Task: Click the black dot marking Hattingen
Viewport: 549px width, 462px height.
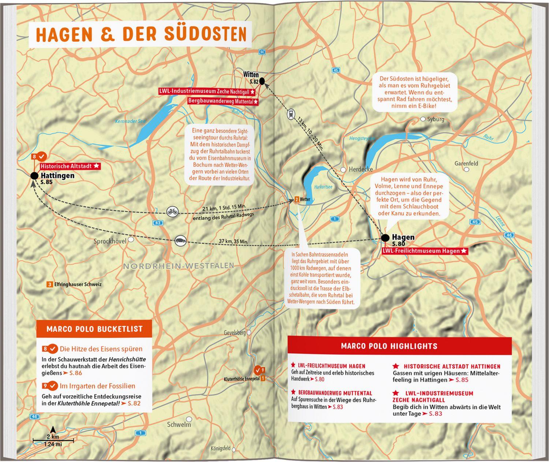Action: [x=34, y=176]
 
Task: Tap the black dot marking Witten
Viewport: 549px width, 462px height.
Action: [x=262, y=81]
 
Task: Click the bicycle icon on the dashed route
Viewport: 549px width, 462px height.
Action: [x=172, y=212]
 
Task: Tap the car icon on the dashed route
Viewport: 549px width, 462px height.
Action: [x=180, y=241]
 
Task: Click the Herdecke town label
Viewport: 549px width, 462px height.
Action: [x=361, y=169]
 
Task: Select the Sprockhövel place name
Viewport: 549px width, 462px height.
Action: [x=110, y=241]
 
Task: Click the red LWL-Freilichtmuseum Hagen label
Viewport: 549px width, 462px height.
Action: [x=425, y=251]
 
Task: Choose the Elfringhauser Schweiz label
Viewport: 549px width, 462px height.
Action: [x=78, y=284]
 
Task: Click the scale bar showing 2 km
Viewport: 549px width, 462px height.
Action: [x=53, y=439]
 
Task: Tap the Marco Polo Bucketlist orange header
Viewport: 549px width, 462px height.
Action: [x=94, y=329]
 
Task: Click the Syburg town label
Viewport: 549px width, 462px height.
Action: [x=435, y=119]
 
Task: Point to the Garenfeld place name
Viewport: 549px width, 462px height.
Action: [x=466, y=163]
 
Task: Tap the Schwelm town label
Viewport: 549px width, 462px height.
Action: [x=179, y=425]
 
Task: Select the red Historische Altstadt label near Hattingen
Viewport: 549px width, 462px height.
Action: [x=70, y=166]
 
